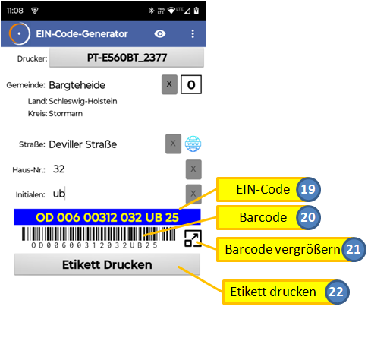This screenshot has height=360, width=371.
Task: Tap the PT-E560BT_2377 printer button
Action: [127, 58]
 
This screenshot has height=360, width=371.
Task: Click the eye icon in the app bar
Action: [160, 33]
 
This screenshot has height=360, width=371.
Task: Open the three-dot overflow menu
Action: [193, 33]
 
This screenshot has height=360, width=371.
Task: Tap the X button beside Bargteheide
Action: [169, 84]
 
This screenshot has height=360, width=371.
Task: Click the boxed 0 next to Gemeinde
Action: [191, 84]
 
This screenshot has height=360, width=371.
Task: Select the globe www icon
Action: [193, 144]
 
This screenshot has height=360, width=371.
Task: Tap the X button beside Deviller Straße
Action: [173, 144]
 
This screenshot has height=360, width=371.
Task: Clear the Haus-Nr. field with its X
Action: [193, 169]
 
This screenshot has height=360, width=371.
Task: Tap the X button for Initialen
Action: [193, 194]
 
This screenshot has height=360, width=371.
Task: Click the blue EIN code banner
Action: [107, 217]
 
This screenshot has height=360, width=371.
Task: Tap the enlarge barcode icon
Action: [193, 238]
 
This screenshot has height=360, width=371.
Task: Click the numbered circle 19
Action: [308, 189]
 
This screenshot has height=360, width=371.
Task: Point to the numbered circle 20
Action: [308, 217]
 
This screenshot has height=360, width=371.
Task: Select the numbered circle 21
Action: [354, 249]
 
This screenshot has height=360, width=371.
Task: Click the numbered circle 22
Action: [336, 292]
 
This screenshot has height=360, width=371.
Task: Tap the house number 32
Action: [59, 169]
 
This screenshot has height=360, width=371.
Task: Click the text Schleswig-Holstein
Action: [83, 101]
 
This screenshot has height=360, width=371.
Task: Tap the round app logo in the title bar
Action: [19, 33]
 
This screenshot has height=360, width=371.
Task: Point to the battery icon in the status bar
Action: [197, 11]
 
